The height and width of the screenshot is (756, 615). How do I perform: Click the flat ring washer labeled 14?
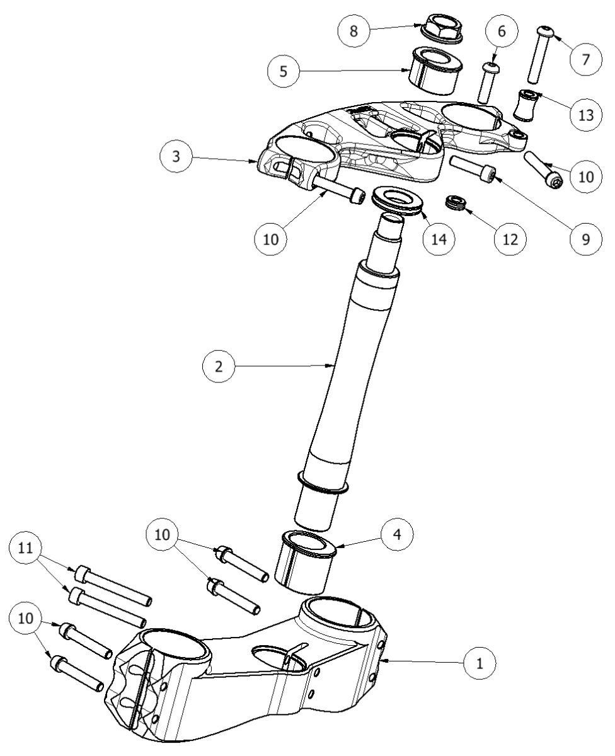point(396,200)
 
